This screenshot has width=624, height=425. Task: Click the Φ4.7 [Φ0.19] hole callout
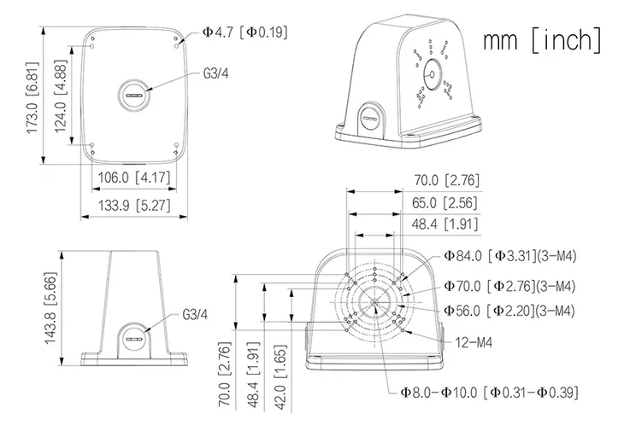[244, 32]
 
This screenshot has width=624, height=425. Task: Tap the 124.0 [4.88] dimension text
[60, 93]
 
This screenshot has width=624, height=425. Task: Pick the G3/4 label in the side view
[196, 314]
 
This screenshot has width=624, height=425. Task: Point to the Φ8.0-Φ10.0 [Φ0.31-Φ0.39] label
[489, 393]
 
